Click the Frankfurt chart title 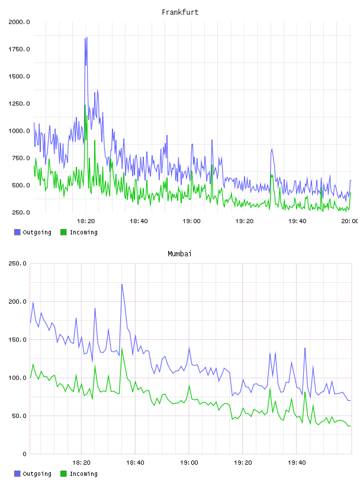pyautogui.click(x=180, y=12)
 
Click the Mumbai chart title pyautogui.click(x=179, y=254)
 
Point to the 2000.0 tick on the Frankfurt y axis pyautogui.click(x=19, y=22)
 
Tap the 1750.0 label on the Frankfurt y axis pyautogui.click(x=19, y=49)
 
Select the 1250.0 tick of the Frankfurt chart pyautogui.click(x=19, y=104)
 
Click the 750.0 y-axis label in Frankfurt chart pyautogui.click(x=21, y=158)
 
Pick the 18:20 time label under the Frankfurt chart pyautogui.click(x=86, y=221)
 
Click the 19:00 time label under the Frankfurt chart pyautogui.click(x=191, y=221)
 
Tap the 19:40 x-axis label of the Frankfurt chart pyautogui.click(x=297, y=221)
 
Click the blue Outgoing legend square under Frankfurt pyautogui.click(x=17, y=232)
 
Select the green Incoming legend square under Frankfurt pyautogui.click(x=63, y=232)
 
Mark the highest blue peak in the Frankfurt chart pyautogui.click(x=87, y=37)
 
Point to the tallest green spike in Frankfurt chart pyautogui.click(x=85, y=105)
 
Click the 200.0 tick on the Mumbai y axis pyautogui.click(x=17, y=301)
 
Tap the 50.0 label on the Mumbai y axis pyautogui.click(x=19, y=416)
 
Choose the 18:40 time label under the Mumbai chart pyautogui.click(x=135, y=463)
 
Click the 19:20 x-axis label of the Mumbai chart pyautogui.click(x=243, y=463)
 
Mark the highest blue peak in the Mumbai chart pyautogui.click(x=122, y=285)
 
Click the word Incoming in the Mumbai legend pyautogui.click(x=83, y=474)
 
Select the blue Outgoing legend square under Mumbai pyautogui.click(x=17, y=474)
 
